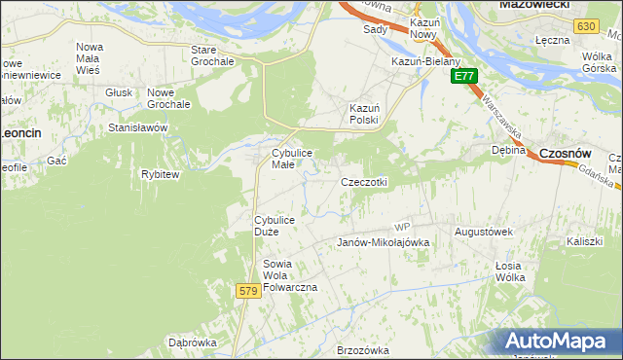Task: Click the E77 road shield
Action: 464,75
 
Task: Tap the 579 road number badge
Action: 248,290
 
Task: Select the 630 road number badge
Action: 585,27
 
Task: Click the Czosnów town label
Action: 567,153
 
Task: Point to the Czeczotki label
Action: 364,182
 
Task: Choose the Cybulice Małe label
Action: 297,159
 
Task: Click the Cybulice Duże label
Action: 280,226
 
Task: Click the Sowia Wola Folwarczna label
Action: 290,276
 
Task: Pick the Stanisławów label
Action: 139,127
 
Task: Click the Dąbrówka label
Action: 192,342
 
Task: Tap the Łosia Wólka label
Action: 510,271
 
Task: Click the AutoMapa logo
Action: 559,342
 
